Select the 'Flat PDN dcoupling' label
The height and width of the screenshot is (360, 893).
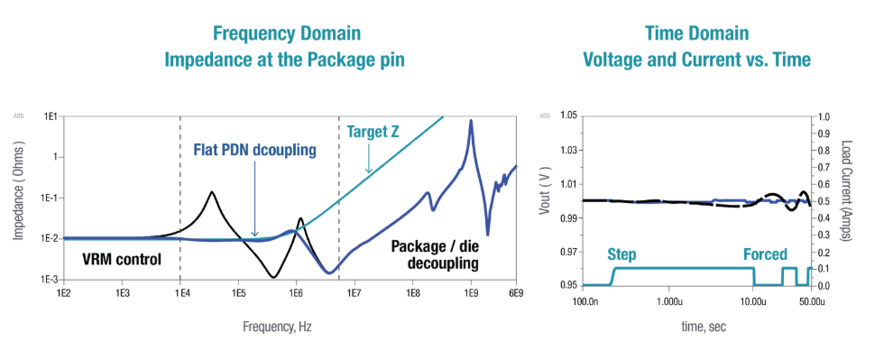pyautogui.click(x=255, y=150)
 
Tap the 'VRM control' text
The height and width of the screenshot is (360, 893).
pyautogui.click(x=121, y=260)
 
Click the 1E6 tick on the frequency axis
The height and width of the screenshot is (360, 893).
pyautogui.click(x=295, y=293)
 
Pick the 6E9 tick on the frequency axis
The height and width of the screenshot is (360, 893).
pyautogui.click(x=515, y=293)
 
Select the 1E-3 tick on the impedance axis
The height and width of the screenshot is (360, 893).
pyautogui.click(x=48, y=280)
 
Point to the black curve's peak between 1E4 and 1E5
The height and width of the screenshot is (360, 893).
pyautogui.click(x=212, y=192)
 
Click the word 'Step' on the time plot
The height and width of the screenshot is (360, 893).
pyautogui.click(x=621, y=254)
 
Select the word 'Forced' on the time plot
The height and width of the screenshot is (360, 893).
pyautogui.click(x=765, y=254)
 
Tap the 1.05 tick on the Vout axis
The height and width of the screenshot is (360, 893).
pyautogui.click(x=567, y=115)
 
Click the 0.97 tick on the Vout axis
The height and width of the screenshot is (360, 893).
pyautogui.click(x=567, y=251)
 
